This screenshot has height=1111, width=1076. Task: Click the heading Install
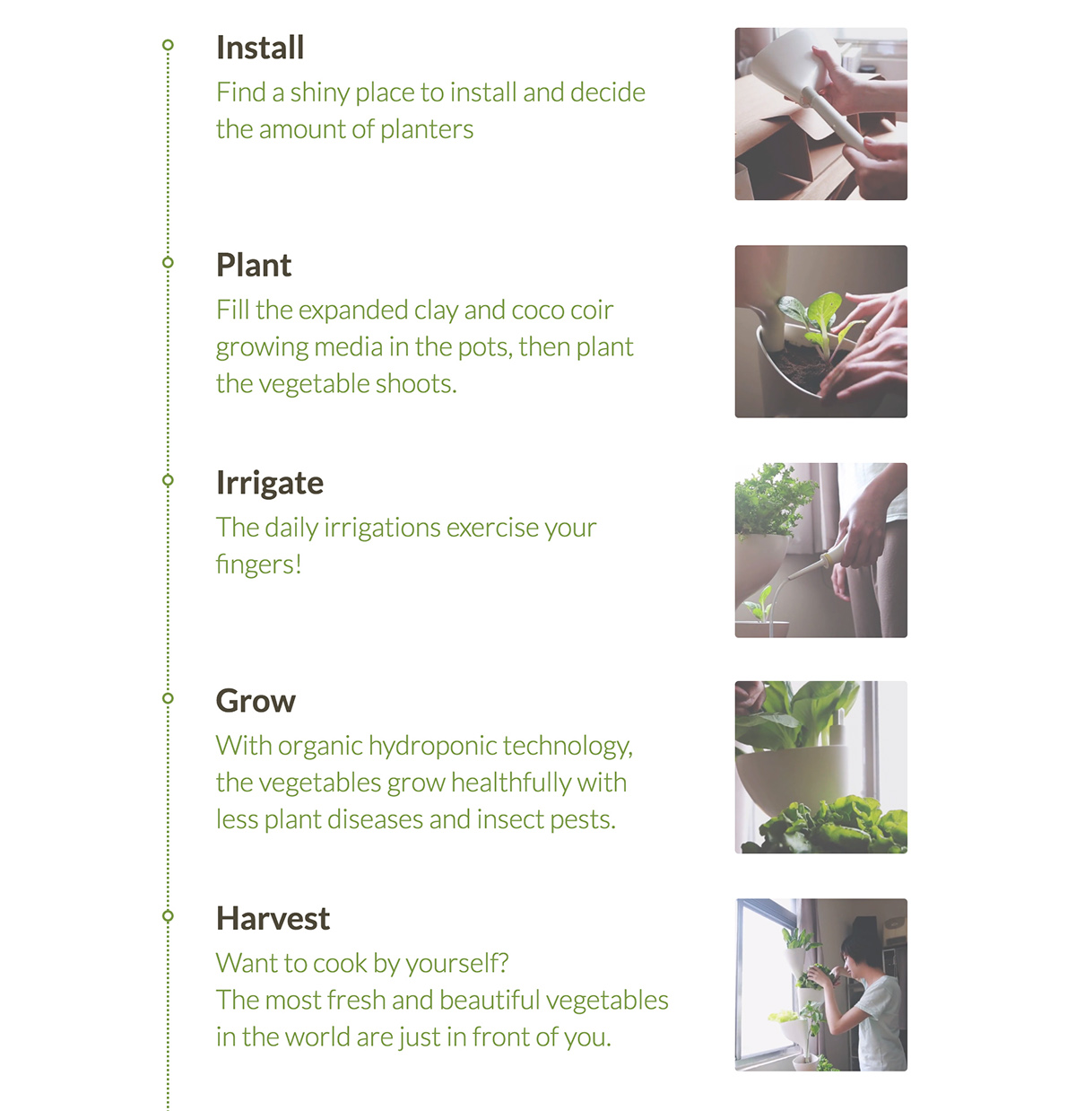260,48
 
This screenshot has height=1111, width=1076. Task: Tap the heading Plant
254,266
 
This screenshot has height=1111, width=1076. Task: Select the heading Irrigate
269,483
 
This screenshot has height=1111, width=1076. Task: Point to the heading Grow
256,701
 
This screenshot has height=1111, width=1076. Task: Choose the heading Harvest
273,919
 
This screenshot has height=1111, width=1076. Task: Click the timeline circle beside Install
168,45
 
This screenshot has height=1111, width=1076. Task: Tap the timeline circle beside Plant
168,262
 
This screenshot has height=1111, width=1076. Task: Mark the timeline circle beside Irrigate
168,480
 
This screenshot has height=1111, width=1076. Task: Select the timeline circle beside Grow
168,698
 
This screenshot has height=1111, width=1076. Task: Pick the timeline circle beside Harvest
168,916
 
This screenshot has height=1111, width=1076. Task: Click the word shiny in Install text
319,93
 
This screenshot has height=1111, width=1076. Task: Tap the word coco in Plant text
537,311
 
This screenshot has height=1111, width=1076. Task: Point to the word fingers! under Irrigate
258,564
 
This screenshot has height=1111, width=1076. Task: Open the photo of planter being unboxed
820,114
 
